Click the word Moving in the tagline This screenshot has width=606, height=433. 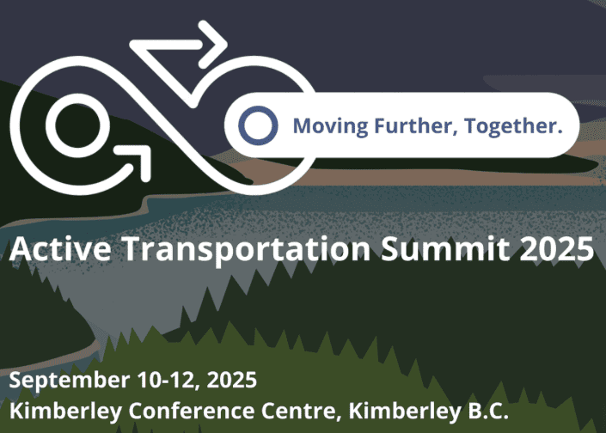point(330,126)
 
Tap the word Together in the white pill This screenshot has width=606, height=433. point(513,126)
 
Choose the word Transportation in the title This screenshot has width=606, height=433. point(247,250)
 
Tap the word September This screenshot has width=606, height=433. point(70,381)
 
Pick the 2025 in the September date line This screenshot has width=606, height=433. point(232,380)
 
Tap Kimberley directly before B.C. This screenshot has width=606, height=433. point(404,412)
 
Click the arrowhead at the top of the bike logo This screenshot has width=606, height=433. point(213,45)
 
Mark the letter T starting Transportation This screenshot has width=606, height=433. point(132,249)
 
